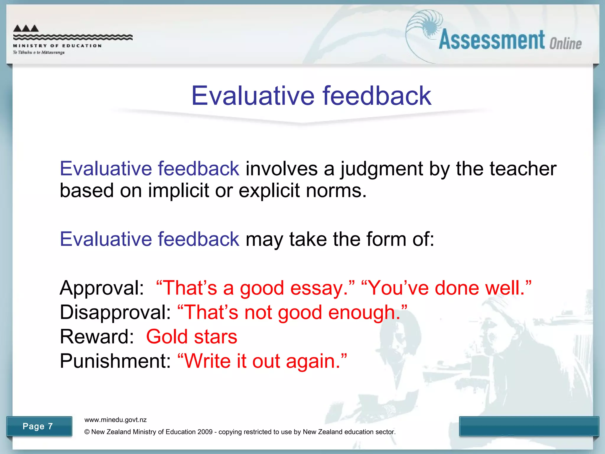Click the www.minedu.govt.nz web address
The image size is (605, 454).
[115, 420]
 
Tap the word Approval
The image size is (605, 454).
[101, 288]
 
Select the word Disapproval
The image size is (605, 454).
[115, 312]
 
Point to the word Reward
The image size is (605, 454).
[96, 337]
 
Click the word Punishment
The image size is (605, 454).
[115, 361]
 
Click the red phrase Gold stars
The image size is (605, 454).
[191, 337]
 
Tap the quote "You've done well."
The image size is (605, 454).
[446, 288]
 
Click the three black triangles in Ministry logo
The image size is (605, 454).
[26, 28]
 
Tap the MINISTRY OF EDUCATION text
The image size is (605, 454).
[57, 46]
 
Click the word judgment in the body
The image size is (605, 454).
[381, 169]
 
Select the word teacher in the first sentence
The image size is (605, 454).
[523, 168]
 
